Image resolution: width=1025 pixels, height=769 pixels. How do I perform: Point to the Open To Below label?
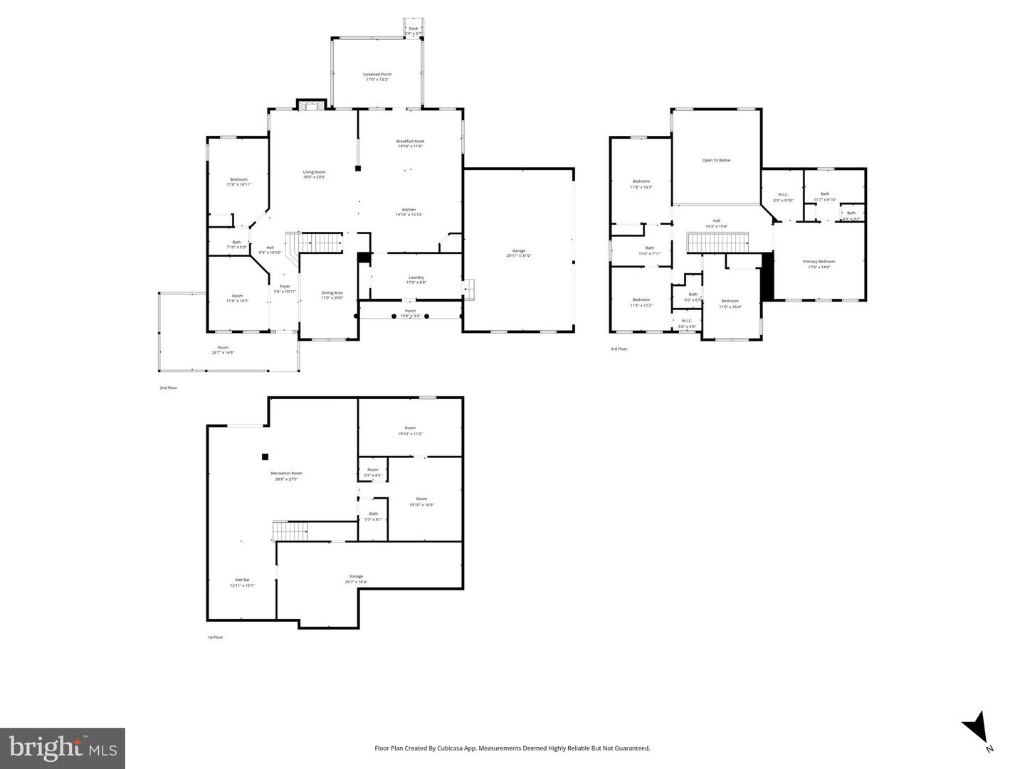point(716,160)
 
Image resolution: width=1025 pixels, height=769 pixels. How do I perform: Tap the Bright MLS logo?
point(63,748)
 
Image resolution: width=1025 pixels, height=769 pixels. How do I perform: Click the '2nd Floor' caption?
point(168,388)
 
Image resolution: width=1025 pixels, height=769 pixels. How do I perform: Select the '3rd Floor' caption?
point(619,349)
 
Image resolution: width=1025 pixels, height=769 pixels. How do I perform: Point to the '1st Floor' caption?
point(215,637)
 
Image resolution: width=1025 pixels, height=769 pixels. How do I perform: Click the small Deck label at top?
point(413,28)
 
